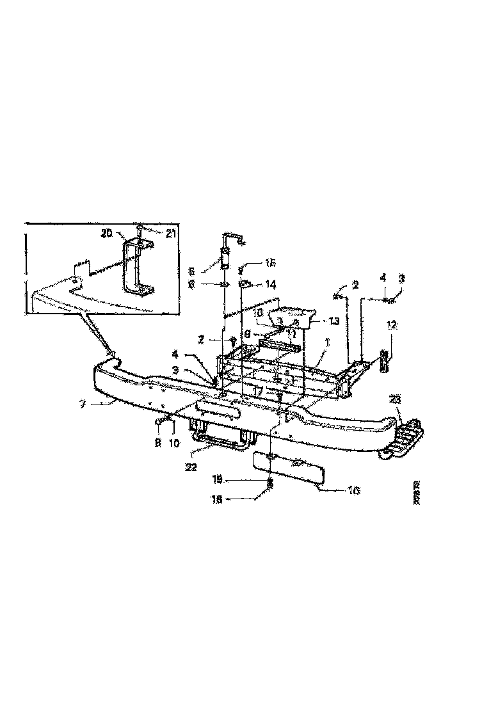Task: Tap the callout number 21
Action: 170,234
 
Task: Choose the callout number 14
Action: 270,284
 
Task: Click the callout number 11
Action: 291,334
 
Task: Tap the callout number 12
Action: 391,325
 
